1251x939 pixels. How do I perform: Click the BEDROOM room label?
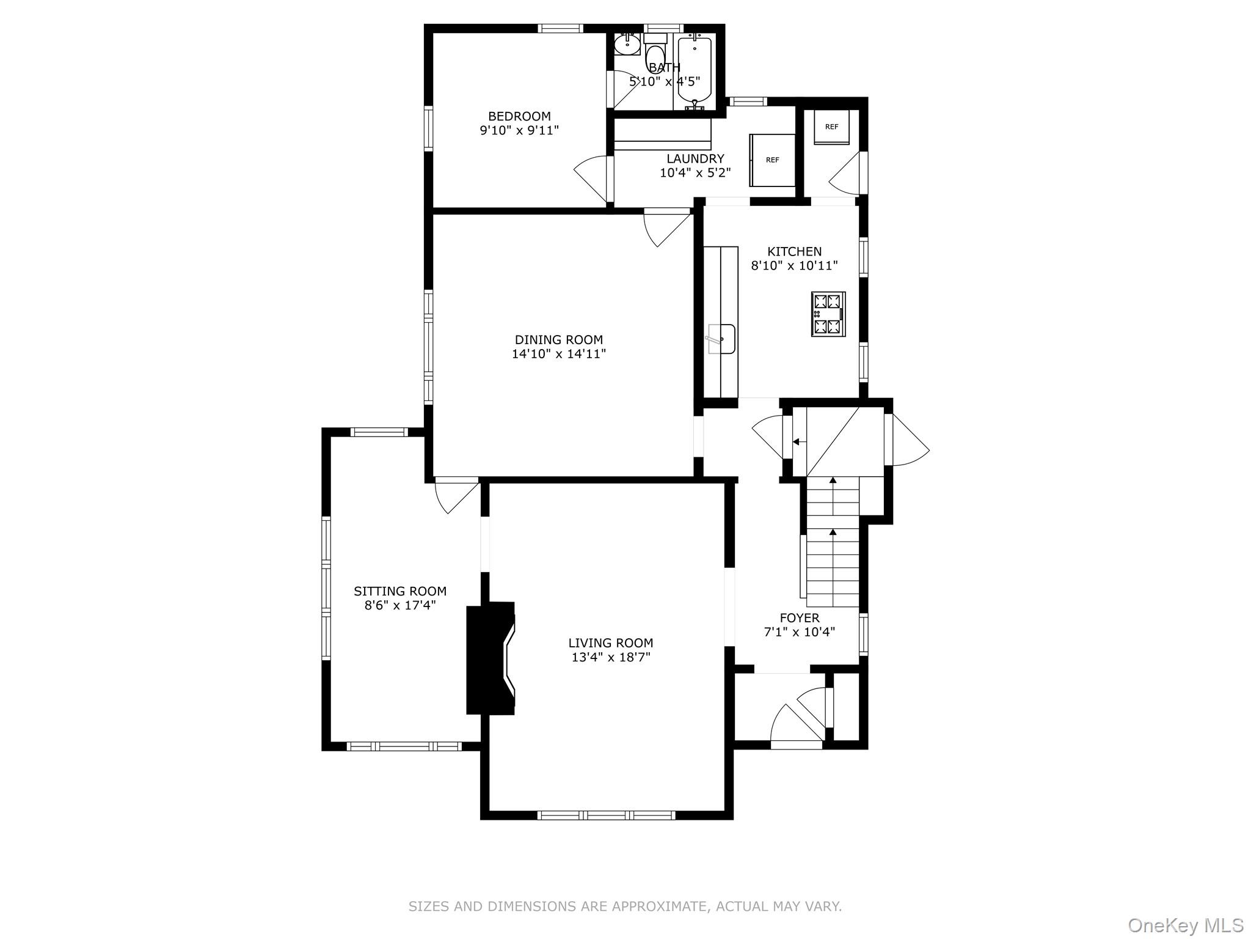click(519, 116)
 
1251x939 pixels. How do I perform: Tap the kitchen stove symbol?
click(828, 314)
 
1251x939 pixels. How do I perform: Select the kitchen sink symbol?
click(721, 339)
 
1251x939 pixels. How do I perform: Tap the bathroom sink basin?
click(627, 43)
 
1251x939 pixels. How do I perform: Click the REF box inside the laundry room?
click(773, 160)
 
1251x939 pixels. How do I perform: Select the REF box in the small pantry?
click(831, 127)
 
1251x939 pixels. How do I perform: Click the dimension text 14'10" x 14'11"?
click(558, 354)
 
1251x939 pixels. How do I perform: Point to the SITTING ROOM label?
click(400, 591)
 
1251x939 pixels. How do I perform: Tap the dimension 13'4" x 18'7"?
click(610, 657)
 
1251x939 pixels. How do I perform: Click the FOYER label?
click(799, 617)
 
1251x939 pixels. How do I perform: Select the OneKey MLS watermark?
click(1185, 925)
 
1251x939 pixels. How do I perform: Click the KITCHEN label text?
click(794, 251)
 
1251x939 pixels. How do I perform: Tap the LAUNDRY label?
click(695, 159)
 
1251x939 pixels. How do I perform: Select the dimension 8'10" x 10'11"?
click(794, 266)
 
